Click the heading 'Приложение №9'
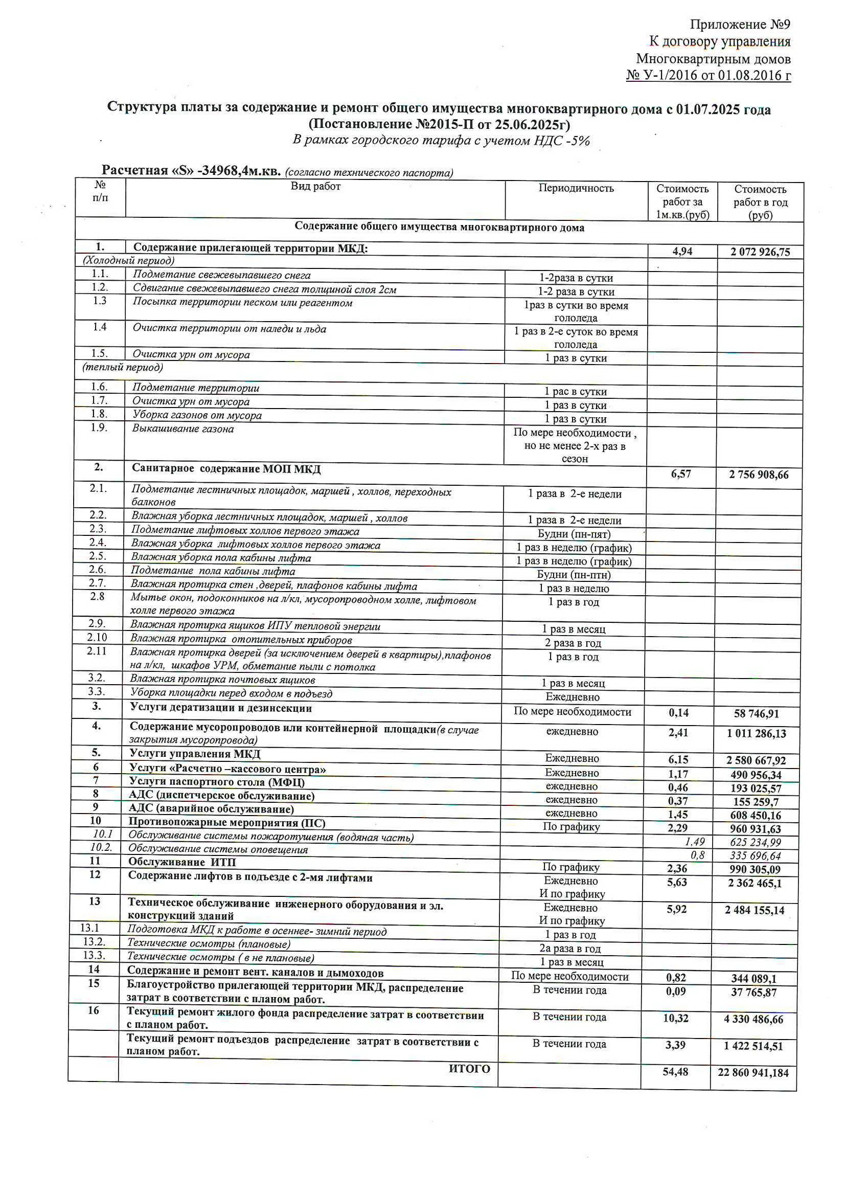[740, 25]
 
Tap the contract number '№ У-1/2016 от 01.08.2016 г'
[708, 76]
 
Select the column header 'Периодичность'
[576, 188]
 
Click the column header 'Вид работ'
[315, 186]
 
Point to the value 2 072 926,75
[760, 253]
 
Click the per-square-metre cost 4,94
[682, 252]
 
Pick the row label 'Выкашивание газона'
[182, 429]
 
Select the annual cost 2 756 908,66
[759, 475]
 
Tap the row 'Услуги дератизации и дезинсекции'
[221, 708]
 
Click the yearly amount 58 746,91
[757, 713]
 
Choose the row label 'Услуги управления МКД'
[195, 754]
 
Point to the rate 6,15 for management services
[678, 760]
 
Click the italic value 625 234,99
[756, 842]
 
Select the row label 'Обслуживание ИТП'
[181, 862]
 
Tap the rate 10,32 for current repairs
[675, 1018]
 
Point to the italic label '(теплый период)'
[123, 368]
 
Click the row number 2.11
[97, 650]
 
